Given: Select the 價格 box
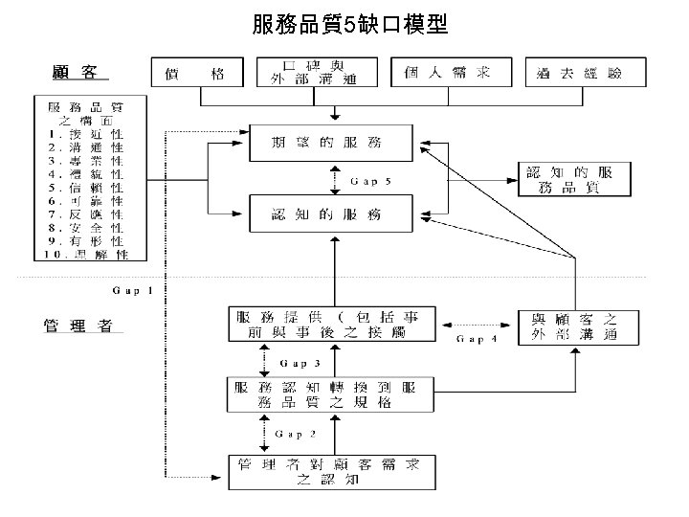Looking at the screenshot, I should click(x=198, y=73).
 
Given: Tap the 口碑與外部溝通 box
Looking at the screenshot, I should click(x=316, y=73).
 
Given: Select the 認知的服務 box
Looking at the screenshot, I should click(x=331, y=214).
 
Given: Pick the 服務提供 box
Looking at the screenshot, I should click(x=331, y=325).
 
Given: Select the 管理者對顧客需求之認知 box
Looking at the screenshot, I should click(x=331, y=470).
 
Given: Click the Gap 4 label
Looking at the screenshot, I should click(x=477, y=338).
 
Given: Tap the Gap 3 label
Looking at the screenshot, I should click(x=300, y=363).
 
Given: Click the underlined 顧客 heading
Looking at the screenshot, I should click(x=78, y=72).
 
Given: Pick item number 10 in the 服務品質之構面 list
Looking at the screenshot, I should click(x=88, y=255).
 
